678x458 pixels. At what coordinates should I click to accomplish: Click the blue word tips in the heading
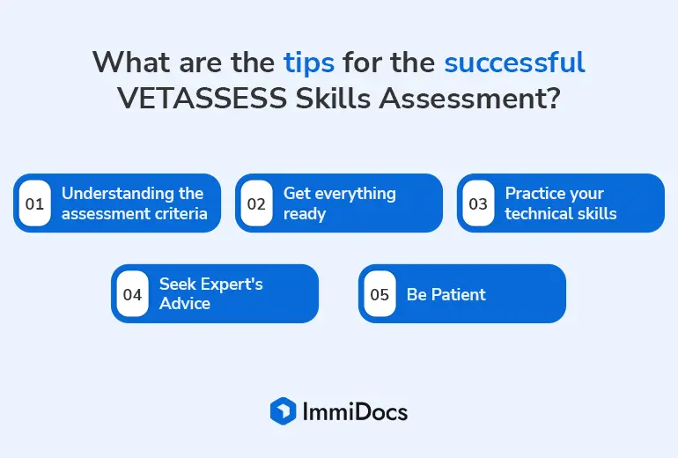[309, 63]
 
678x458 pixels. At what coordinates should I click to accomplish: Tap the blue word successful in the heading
[514, 62]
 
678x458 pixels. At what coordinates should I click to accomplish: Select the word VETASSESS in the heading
[202, 98]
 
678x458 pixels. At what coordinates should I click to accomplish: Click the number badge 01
[34, 203]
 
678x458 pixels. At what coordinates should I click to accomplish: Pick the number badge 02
[256, 203]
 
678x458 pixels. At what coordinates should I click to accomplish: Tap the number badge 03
[478, 203]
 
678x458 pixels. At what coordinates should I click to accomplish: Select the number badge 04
[132, 294]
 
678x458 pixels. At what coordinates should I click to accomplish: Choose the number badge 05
[380, 294]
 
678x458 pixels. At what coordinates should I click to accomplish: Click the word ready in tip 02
[305, 214]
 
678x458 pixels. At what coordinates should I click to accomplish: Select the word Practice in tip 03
[532, 193]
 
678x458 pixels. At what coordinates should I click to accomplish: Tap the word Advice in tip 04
[185, 304]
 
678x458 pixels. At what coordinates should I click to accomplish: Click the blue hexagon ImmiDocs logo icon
[284, 410]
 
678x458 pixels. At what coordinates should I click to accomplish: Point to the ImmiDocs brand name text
[355, 411]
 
